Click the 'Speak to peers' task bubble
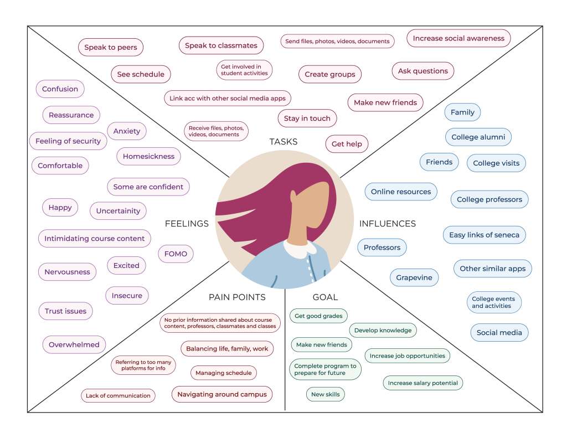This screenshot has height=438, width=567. pos(111,48)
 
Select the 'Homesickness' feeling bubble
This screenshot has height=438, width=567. pos(148,156)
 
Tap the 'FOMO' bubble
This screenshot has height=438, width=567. pos(176,254)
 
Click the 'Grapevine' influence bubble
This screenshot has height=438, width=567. pos(414,277)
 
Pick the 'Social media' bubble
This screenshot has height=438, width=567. pos(499,333)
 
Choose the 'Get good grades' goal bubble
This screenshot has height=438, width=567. pos(318,316)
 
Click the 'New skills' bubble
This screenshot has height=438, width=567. pos(326,394)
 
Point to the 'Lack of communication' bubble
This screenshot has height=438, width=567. pos(118,395)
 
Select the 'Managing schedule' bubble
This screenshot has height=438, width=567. pos(224,373)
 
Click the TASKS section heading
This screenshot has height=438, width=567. pos(283,142)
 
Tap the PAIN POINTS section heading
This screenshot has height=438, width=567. pos(237,297)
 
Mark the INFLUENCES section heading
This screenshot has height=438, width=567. pos(388,224)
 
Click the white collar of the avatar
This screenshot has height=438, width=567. pos(299,249)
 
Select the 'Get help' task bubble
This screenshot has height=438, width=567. pos(347,144)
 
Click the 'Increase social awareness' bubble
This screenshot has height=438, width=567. pos(458,38)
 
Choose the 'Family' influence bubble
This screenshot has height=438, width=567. pos(462,112)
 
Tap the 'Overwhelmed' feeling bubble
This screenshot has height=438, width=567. pos(74,344)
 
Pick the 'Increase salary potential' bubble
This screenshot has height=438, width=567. pos(422,383)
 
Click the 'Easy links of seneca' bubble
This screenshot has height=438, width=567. pos(484,235)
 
